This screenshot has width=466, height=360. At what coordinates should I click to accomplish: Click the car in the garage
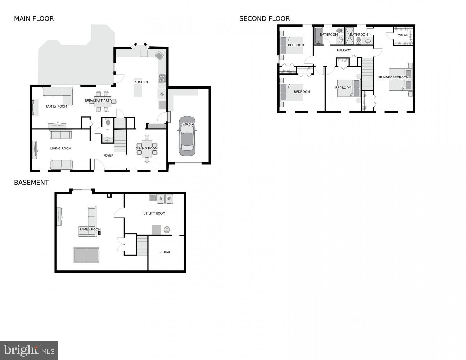coord(187,136)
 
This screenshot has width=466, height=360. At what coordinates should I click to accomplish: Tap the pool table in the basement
coord(86,255)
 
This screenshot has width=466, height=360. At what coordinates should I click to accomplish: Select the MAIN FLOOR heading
coord(34,19)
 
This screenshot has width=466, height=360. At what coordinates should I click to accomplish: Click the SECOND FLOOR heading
coord(264,19)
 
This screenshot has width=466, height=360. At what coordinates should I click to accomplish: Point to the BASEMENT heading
coord(31,183)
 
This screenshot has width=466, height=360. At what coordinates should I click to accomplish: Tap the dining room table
coord(147,148)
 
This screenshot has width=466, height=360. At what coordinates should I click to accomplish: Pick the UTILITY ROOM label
coord(154,213)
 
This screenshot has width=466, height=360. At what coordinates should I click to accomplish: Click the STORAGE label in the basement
coord(166,252)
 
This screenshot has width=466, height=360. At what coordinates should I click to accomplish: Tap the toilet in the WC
coord(108,123)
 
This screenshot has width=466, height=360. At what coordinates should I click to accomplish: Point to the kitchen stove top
coord(162,78)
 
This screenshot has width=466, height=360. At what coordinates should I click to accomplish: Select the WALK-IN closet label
coord(403,35)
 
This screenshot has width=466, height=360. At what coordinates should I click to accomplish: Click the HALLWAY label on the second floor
coord(344,50)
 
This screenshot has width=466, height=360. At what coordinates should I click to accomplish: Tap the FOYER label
coord(108,156)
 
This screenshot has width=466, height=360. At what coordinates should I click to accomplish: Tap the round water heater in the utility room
coord(167,229)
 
